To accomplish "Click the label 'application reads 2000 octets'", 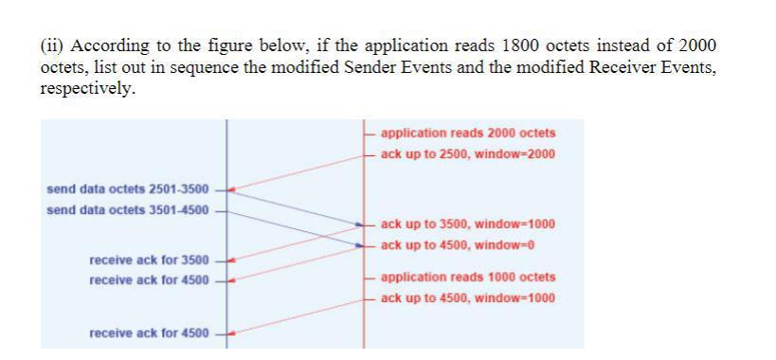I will pyautogui.click(x=468, y=134).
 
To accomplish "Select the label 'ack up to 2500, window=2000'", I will pyautogui.click(x=468, y=153).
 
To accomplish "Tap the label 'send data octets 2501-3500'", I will pyautogui.click(x=128, y=189).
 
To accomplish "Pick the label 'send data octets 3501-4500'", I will pyautogui.click(x=128, y=209).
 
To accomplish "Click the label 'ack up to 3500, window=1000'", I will pyautogui.click(x=468, y=225).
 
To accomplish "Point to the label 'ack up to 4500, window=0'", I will pyautogui.click(x=458, y=244).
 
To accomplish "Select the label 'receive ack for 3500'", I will pyautogui.click(x=149, y=260).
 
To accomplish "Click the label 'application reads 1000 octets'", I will pyautogui.click(x=468, y=278).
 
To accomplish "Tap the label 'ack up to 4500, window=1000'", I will pyautogui.click(x=468, y=298).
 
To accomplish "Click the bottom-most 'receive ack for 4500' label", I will pyautogui.click(x=149, y=333).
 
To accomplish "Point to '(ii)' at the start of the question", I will pyautogui.click(x=53, y=46).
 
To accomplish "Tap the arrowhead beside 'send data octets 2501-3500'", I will pyautogui.click(x=231, y=189).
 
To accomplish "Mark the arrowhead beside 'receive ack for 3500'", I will pyautogui.click(x=231, y=260).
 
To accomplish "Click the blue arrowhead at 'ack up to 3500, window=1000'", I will pyautogui.click(x=360, y=225).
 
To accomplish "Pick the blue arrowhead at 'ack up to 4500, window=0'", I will pyautogui.click(x=360, y=245).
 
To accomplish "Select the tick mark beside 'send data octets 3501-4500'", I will pyautogui.click(x=221, y=209).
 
